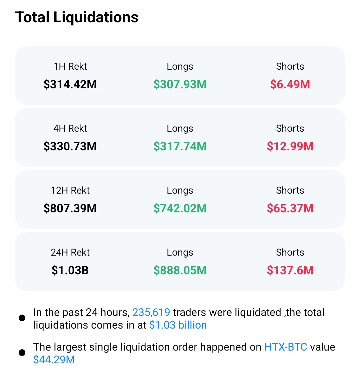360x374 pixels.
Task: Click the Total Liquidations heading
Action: [x=77, y=17]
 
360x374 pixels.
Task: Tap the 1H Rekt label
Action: [x=70, y=66]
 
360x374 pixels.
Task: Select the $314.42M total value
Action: [x=70, y=84]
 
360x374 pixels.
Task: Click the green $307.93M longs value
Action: [x=180, y=84]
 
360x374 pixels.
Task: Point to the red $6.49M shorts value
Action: [x=290, y=84]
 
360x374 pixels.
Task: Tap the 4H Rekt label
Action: [x=70, y=128]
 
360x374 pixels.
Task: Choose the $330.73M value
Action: [x=70, y=146]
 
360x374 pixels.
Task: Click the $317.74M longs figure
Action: [x=180, y=146]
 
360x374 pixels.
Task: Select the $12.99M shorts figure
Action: [x=290, y=146]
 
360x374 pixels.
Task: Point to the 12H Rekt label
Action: [x=70, y=190]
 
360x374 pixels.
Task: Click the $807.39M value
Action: [x=70, y=208]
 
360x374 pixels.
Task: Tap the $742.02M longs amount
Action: [x=180, y=208]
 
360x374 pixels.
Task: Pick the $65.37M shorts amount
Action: [x=290, y=208]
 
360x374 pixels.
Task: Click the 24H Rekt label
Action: [x=70, y=252]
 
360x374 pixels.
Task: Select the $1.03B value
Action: [x=70, y=270]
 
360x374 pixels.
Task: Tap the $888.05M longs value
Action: [x=180, y=270]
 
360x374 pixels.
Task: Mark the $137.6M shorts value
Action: [x=290, y=270]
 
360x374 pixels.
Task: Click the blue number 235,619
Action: [x=151, y=312]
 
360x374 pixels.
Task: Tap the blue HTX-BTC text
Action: [x=286, y=347]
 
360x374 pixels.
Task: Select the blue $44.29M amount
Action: [x=54, y=360]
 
